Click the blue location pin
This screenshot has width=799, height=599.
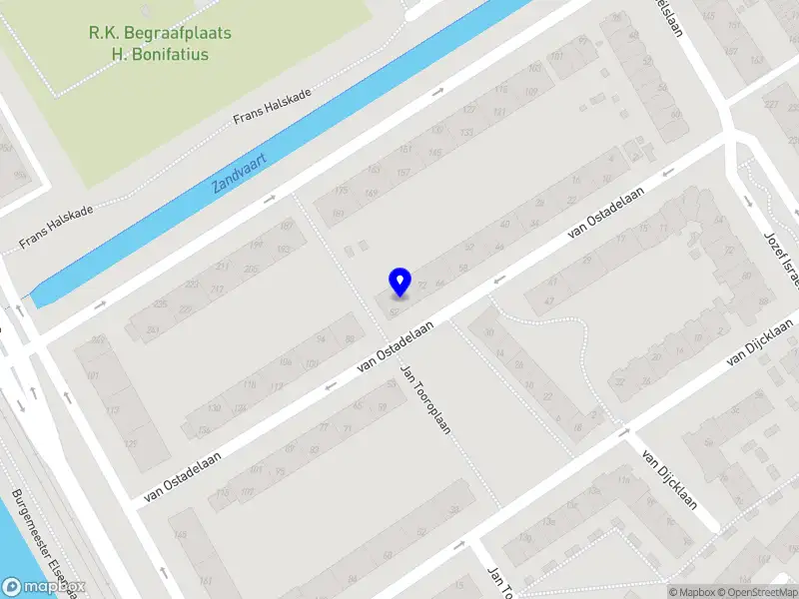pos(399,282)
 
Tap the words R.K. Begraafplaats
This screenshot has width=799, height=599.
pos(160,33)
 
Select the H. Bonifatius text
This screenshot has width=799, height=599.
pos(160,54)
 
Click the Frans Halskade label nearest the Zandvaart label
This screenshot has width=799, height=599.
pos(272,106)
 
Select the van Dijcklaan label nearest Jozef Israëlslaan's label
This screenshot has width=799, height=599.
pos(763,339)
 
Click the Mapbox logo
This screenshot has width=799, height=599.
pos(43,587)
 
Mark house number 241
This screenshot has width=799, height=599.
pos(152,330)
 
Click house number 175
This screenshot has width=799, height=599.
pos(342,190)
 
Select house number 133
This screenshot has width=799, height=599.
pos(464,131)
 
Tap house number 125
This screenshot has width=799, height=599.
pos(129,443)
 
